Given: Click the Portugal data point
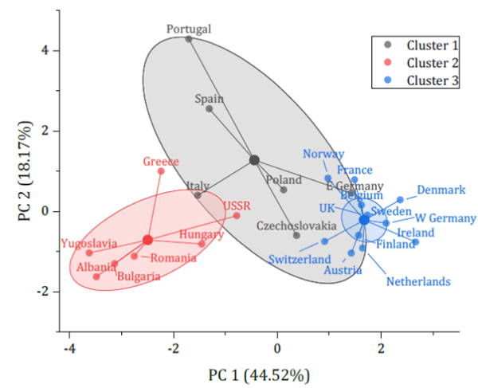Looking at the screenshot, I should click(189, 39).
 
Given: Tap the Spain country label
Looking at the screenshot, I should click(210, 99).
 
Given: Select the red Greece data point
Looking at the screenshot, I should click(161, 171).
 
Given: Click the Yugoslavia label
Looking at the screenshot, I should click(88, 243).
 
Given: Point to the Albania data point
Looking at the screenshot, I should click(96, 276).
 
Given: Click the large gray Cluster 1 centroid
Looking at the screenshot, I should click(254, 160).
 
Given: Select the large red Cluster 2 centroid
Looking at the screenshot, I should click(147, 240).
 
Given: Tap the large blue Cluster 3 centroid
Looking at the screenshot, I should click(364, 219).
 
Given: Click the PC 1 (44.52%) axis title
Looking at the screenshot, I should click(260, 374).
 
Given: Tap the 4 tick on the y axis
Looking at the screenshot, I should click(46, 50).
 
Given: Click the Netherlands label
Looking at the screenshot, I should click(418, 281).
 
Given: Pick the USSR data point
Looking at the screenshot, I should click(237, 215).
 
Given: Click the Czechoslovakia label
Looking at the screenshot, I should click(295, 226).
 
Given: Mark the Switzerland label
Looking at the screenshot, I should click(299, 260).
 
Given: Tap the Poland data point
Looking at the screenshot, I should click(283, 190).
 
